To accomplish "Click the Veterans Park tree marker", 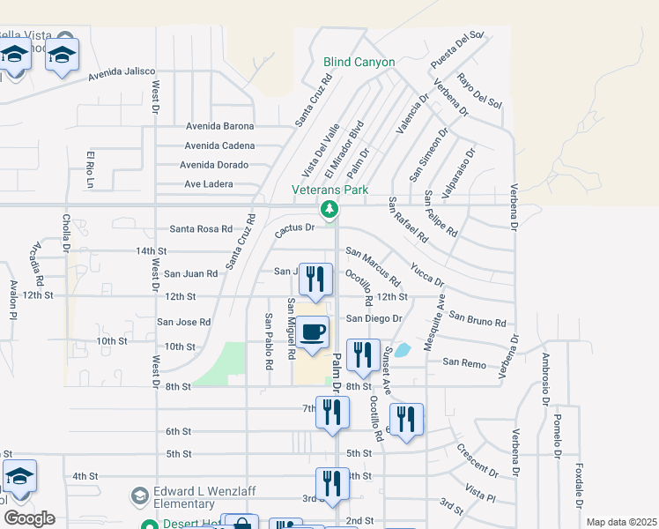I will [x=329, y=209].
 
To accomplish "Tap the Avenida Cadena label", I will [x=219, y=145].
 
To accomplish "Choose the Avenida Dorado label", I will [x=214, y=165].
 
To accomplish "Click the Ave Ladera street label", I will [x=209, y=184].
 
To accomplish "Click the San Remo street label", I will [x=464, y=362].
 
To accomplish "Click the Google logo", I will [x=29, y=518].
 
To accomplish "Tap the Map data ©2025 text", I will [x=621, y=522].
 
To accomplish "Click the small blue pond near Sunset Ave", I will [x=402, y=350].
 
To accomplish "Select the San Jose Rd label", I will [x=183, y=323].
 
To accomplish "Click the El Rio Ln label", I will [x=90, y=169].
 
